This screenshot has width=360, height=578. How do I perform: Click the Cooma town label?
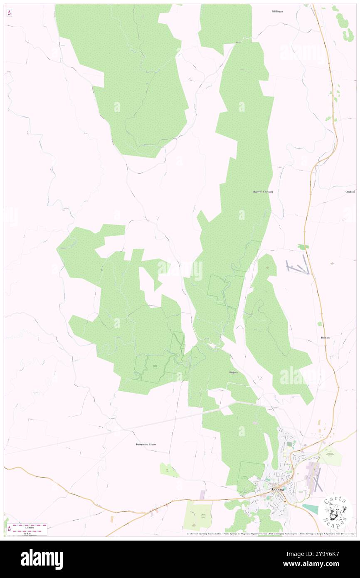tap(278, 489)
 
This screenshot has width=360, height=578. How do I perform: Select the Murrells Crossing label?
tap(263, 192)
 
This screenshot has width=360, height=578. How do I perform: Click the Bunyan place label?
tap(325, 338)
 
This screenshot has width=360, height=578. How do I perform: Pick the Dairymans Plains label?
tap(146, 445)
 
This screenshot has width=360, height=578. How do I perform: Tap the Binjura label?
tap(233, 373)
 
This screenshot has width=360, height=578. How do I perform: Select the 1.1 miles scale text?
tap(29, 527)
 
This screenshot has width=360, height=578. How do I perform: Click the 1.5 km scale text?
tap(29, 533)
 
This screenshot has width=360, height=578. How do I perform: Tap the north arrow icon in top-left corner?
tap(9, 13)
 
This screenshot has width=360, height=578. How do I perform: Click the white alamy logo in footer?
tap(42, 559)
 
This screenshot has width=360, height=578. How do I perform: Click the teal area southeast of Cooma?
tap(311, 508)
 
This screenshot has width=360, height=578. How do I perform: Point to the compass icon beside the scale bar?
tap(9, 529)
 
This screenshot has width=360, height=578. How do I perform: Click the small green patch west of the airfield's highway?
tap(304, 247)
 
